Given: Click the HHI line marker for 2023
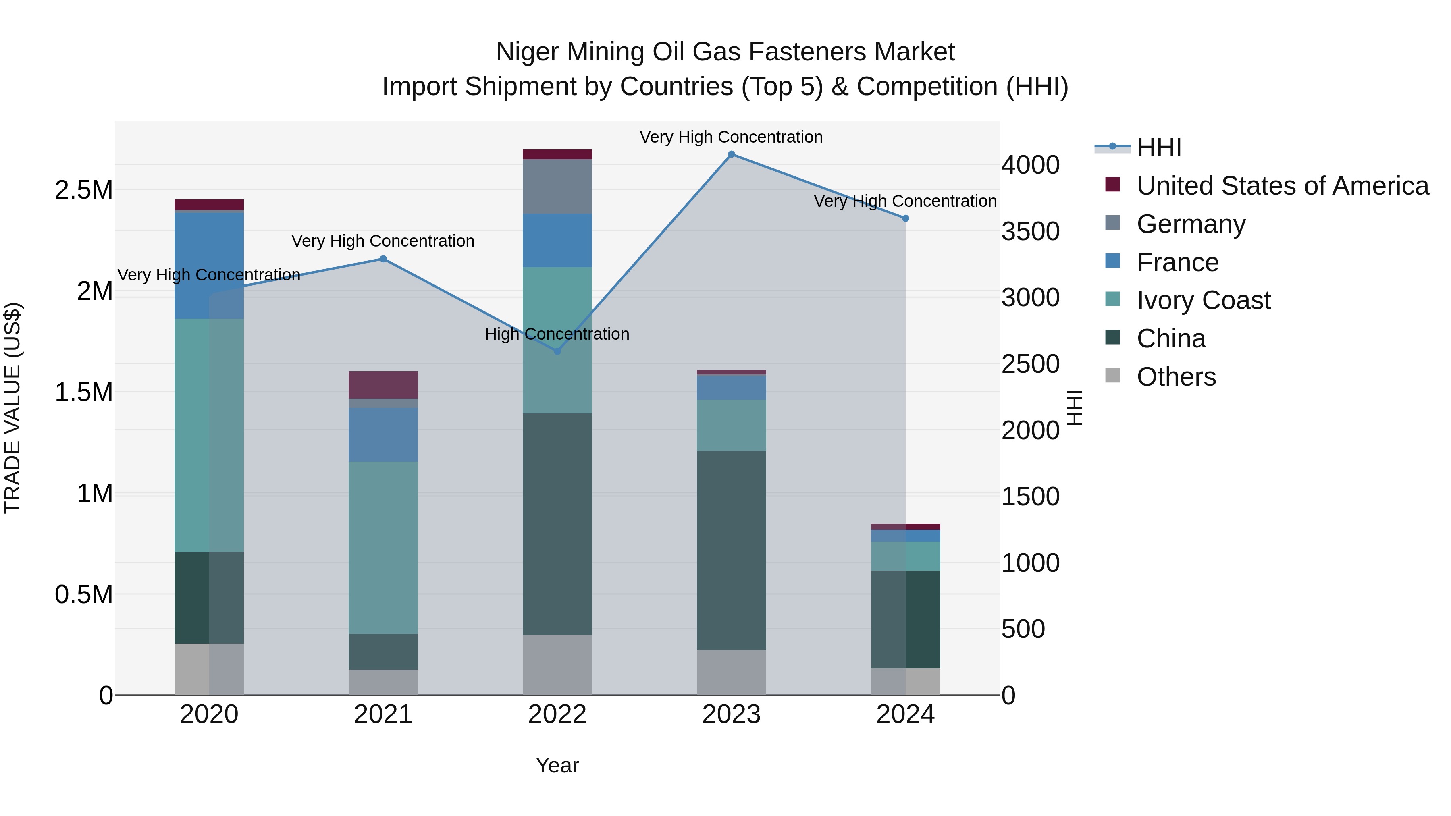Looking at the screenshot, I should tap(731, 154).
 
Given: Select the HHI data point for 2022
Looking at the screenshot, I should tap(557, 351).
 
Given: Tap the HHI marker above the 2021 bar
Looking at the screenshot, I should tap(383, 259).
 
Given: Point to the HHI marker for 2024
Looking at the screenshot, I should tap(905, 218).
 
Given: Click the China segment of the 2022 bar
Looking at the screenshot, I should tap(557, 524).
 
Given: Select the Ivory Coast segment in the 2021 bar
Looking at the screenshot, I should tap(383, 547).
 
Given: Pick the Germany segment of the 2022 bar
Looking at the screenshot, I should tap(557, 187).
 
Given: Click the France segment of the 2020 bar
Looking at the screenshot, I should tap(209, 266).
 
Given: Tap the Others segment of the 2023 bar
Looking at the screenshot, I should tap(731, 673).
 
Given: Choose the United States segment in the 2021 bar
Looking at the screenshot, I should tap(383, 385).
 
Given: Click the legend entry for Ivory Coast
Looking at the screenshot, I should tap(1203, 300).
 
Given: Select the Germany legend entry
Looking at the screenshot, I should tap(1191, 224).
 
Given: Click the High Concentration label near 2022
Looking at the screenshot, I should tap(557, 334).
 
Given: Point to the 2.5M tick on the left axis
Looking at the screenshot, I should tap(84, 190).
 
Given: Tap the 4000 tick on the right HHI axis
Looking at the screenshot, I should tap(1030, 166).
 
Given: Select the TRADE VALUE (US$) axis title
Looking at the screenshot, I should tap(12, 408).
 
